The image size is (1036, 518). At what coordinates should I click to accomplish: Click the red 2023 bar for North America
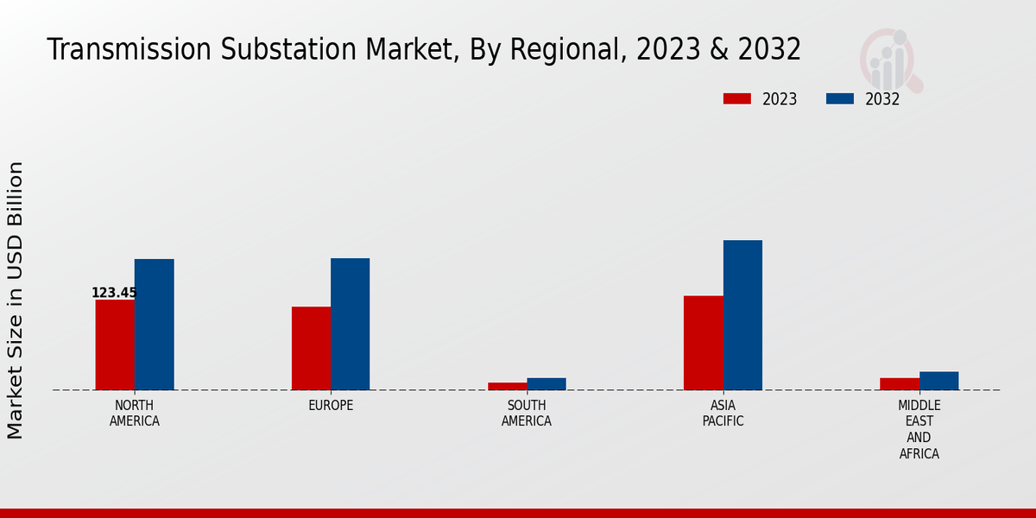[x=115, y=344]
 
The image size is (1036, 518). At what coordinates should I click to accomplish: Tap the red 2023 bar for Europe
[x=311, y=348]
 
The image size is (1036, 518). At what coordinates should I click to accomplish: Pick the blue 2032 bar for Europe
[x=350, y=324]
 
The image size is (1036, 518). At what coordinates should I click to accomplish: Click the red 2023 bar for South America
[x=507, y=386]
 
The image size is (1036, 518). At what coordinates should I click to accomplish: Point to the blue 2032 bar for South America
[x=546, y=384]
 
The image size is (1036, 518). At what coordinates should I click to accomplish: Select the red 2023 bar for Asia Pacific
[x=703, y=343]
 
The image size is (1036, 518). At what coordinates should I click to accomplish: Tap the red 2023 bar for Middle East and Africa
[x=900, y=383]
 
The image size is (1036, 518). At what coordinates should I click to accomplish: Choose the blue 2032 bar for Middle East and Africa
[x=938, y=381]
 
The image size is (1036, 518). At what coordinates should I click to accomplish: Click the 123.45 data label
[x=114, y=293]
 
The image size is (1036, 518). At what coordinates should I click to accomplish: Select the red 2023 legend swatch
[x=736, y=98]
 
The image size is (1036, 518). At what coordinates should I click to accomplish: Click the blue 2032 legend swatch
[x=839, y=98]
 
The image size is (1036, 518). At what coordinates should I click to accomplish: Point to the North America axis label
[x=135, y=414]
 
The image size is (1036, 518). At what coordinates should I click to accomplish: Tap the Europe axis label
[x=331, y=406]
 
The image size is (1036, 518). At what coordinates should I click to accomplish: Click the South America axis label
[x=527, y=414]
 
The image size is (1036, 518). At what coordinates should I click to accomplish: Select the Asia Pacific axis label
[x=723, y=414]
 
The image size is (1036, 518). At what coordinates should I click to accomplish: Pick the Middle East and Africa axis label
[x=919, y=429]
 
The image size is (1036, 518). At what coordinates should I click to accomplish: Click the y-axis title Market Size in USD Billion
[x=16, y=300]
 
